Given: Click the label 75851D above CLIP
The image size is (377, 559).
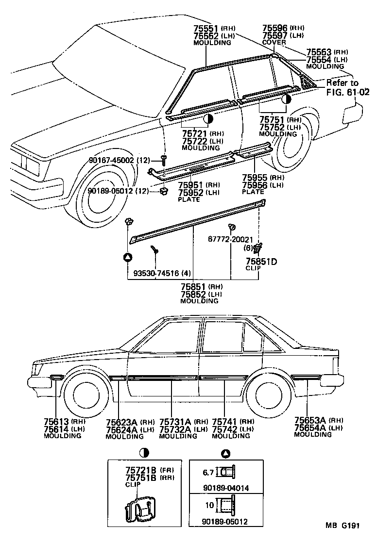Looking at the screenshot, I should (261, 262).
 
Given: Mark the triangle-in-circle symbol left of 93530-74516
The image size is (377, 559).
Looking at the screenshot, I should (127, 257).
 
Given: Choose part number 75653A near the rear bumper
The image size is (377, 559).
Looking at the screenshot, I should (310, 420).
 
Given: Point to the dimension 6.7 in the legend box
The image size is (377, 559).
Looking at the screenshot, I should (207, 471).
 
